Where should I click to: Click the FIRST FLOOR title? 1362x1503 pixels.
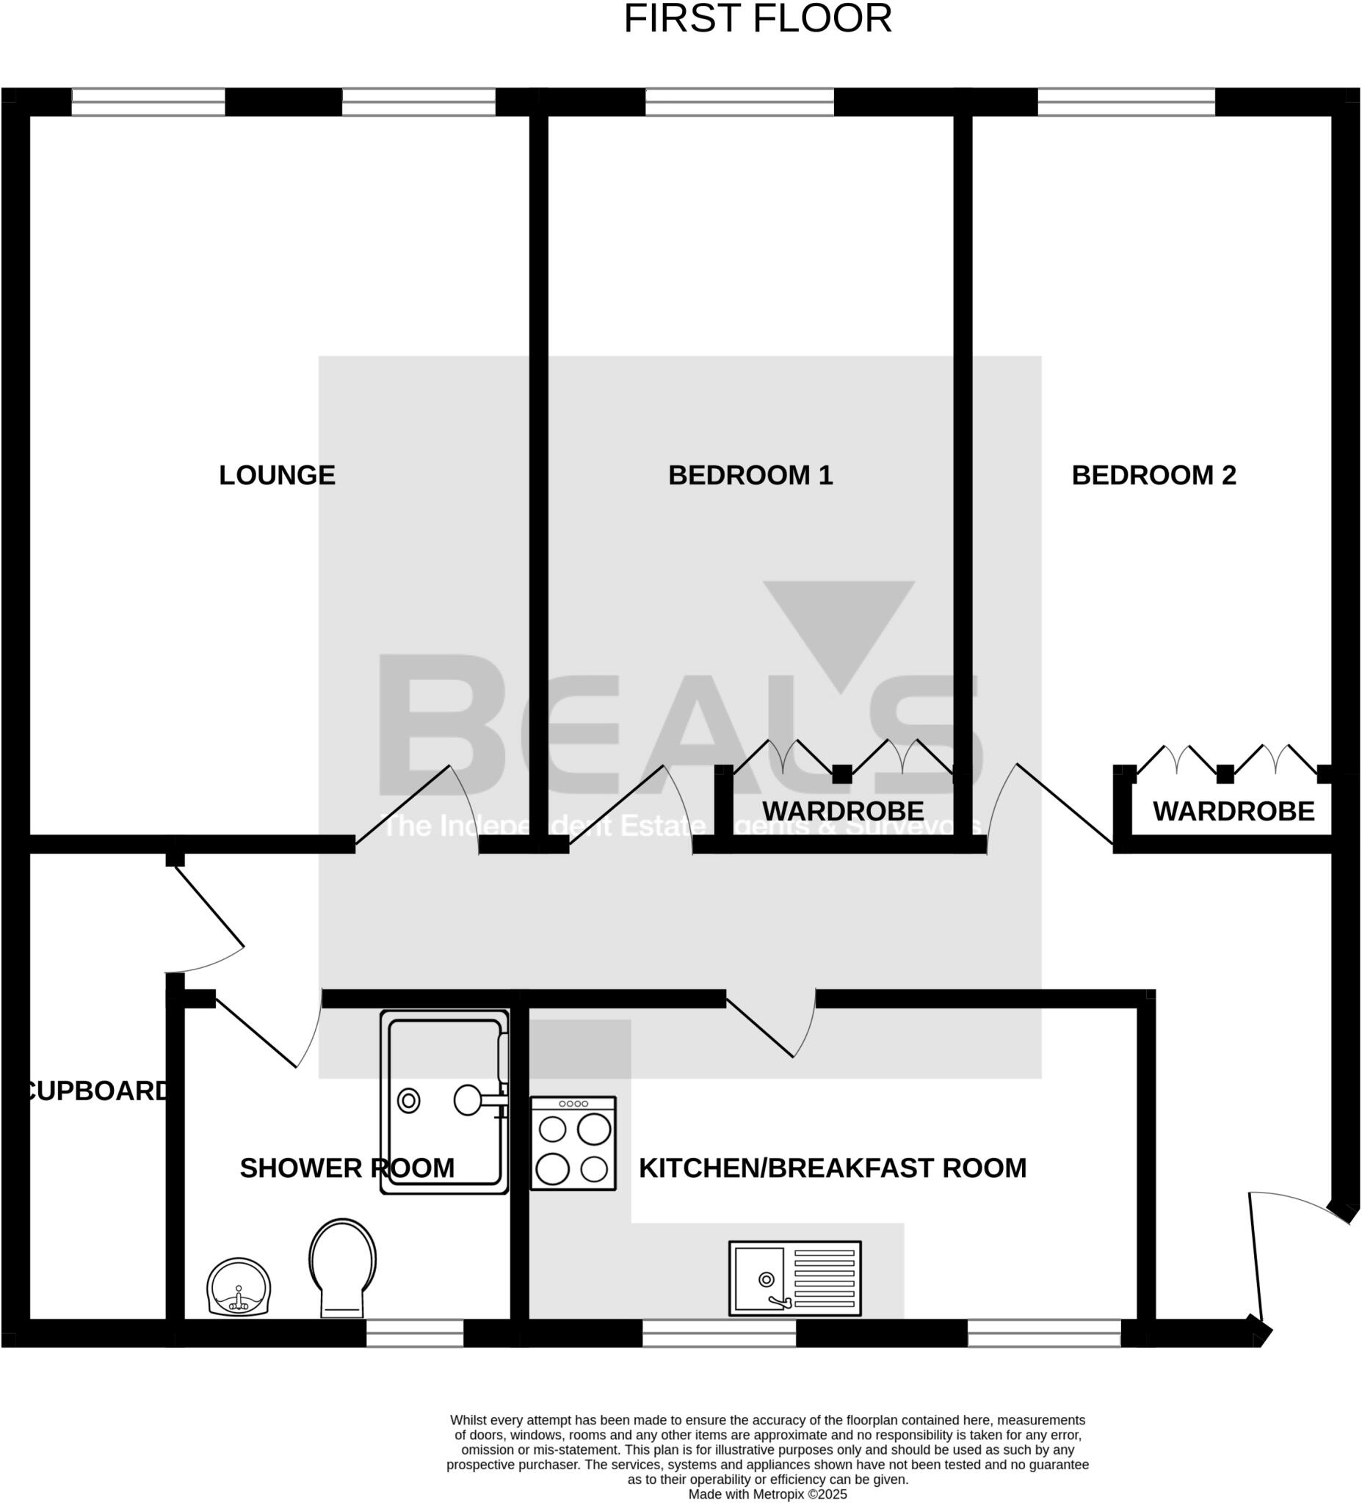coord(757,19)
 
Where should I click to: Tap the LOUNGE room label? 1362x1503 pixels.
coord(277,475)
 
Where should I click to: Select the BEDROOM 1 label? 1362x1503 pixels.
coord(750,475)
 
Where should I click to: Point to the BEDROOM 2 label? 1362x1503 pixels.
coord(1153,475)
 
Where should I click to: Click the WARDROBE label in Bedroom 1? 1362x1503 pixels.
coord(843,810)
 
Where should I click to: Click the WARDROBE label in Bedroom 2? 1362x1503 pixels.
coord(1233,811)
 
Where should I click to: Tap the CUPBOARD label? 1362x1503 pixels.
coord(97,1091)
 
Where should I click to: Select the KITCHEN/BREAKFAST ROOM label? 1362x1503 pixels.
coord(833,1168)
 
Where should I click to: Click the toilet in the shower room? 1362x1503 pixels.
coord(342,1267)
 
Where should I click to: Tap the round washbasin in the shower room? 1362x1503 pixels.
coord(239,1287)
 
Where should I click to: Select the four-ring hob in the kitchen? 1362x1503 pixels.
coord(573,1143)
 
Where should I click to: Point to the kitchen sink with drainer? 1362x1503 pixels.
coord(794,1278)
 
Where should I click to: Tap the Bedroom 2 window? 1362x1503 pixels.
coord(1126,101)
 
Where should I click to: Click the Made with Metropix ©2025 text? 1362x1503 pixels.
coord(767,1494)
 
